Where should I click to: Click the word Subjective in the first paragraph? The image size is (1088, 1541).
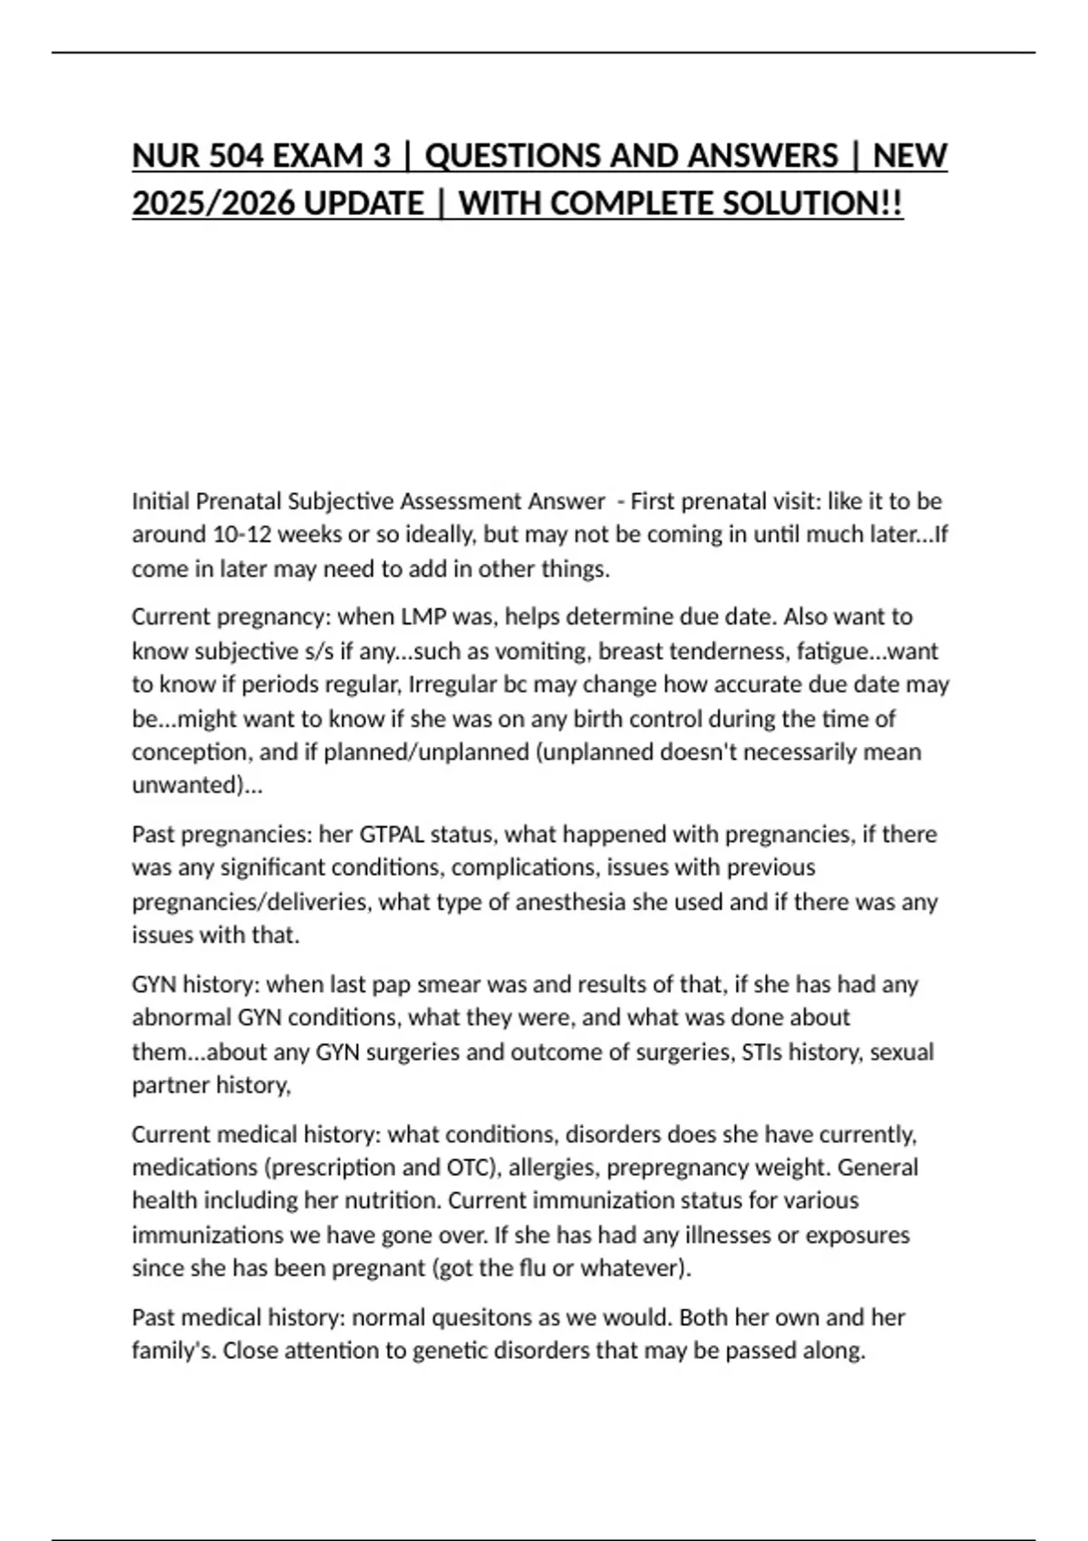coord(341,501)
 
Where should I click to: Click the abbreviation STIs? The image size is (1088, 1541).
coord(761,1052)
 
